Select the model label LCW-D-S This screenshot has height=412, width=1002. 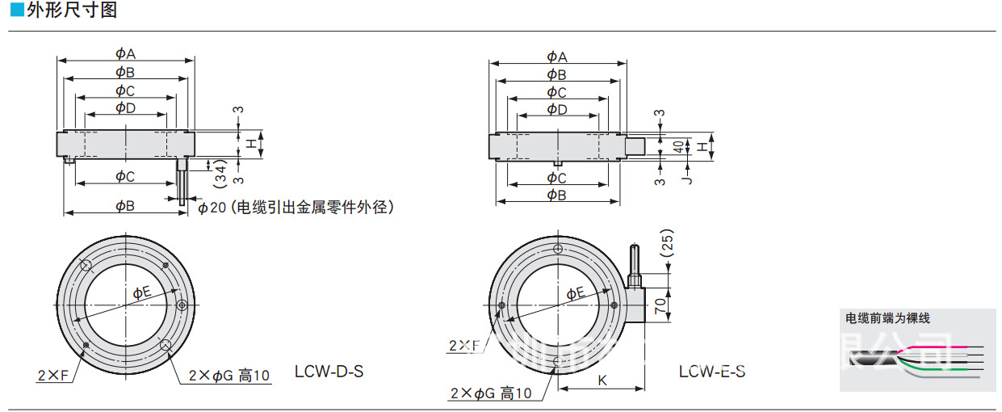pyautogui.click(x=329, y=372)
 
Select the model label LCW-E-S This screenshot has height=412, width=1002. pyautogui.click(x=711, y=372)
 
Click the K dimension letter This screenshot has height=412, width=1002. pyautogui.click(x=602, y=379)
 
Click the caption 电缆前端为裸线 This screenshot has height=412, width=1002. pyautogui.click(x=887, y=318)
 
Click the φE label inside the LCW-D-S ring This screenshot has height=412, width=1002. pyautogui.click(x=141, y=292)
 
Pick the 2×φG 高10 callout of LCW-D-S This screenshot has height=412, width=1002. pyautogui.click(x=228, y=375)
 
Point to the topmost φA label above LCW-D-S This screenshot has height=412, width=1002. pyautogui.click(x=124, y=53)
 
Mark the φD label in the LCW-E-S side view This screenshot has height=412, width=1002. pyautogui.click(x=557, y=109)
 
